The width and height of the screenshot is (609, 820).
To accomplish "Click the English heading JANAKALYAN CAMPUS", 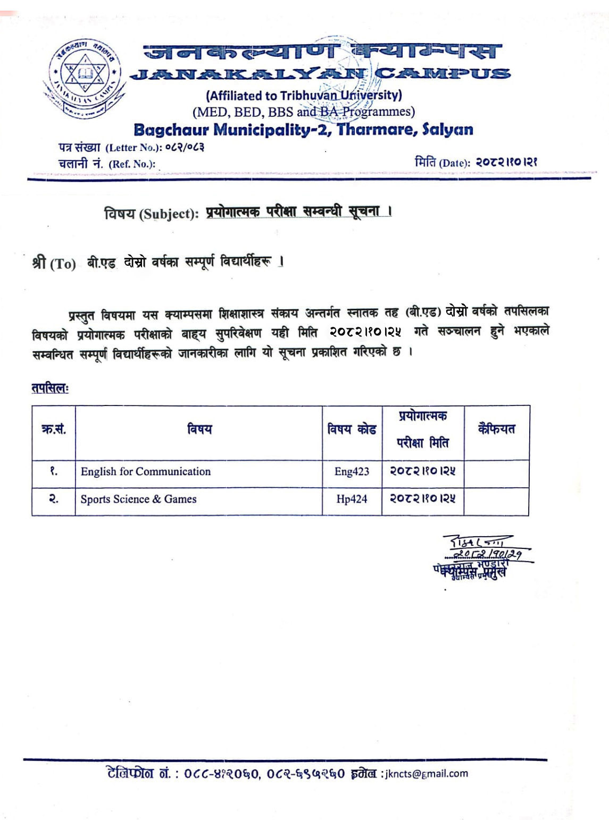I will [321, 73].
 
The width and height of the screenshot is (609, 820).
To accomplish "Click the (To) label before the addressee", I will [63, 264].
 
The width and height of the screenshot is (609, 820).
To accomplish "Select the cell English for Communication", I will [145, 471].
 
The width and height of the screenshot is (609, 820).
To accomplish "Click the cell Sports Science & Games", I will [138, 499].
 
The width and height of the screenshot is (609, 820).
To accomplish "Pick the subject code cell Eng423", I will [352, 471].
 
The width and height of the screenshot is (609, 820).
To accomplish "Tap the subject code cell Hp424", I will [352, 499].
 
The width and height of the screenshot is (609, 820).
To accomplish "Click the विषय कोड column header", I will [352, 429].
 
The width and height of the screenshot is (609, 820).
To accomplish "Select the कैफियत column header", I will [496, 429].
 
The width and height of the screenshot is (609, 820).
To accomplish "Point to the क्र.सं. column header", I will [53, 429].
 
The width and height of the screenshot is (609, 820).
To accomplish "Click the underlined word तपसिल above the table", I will [50, 388].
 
